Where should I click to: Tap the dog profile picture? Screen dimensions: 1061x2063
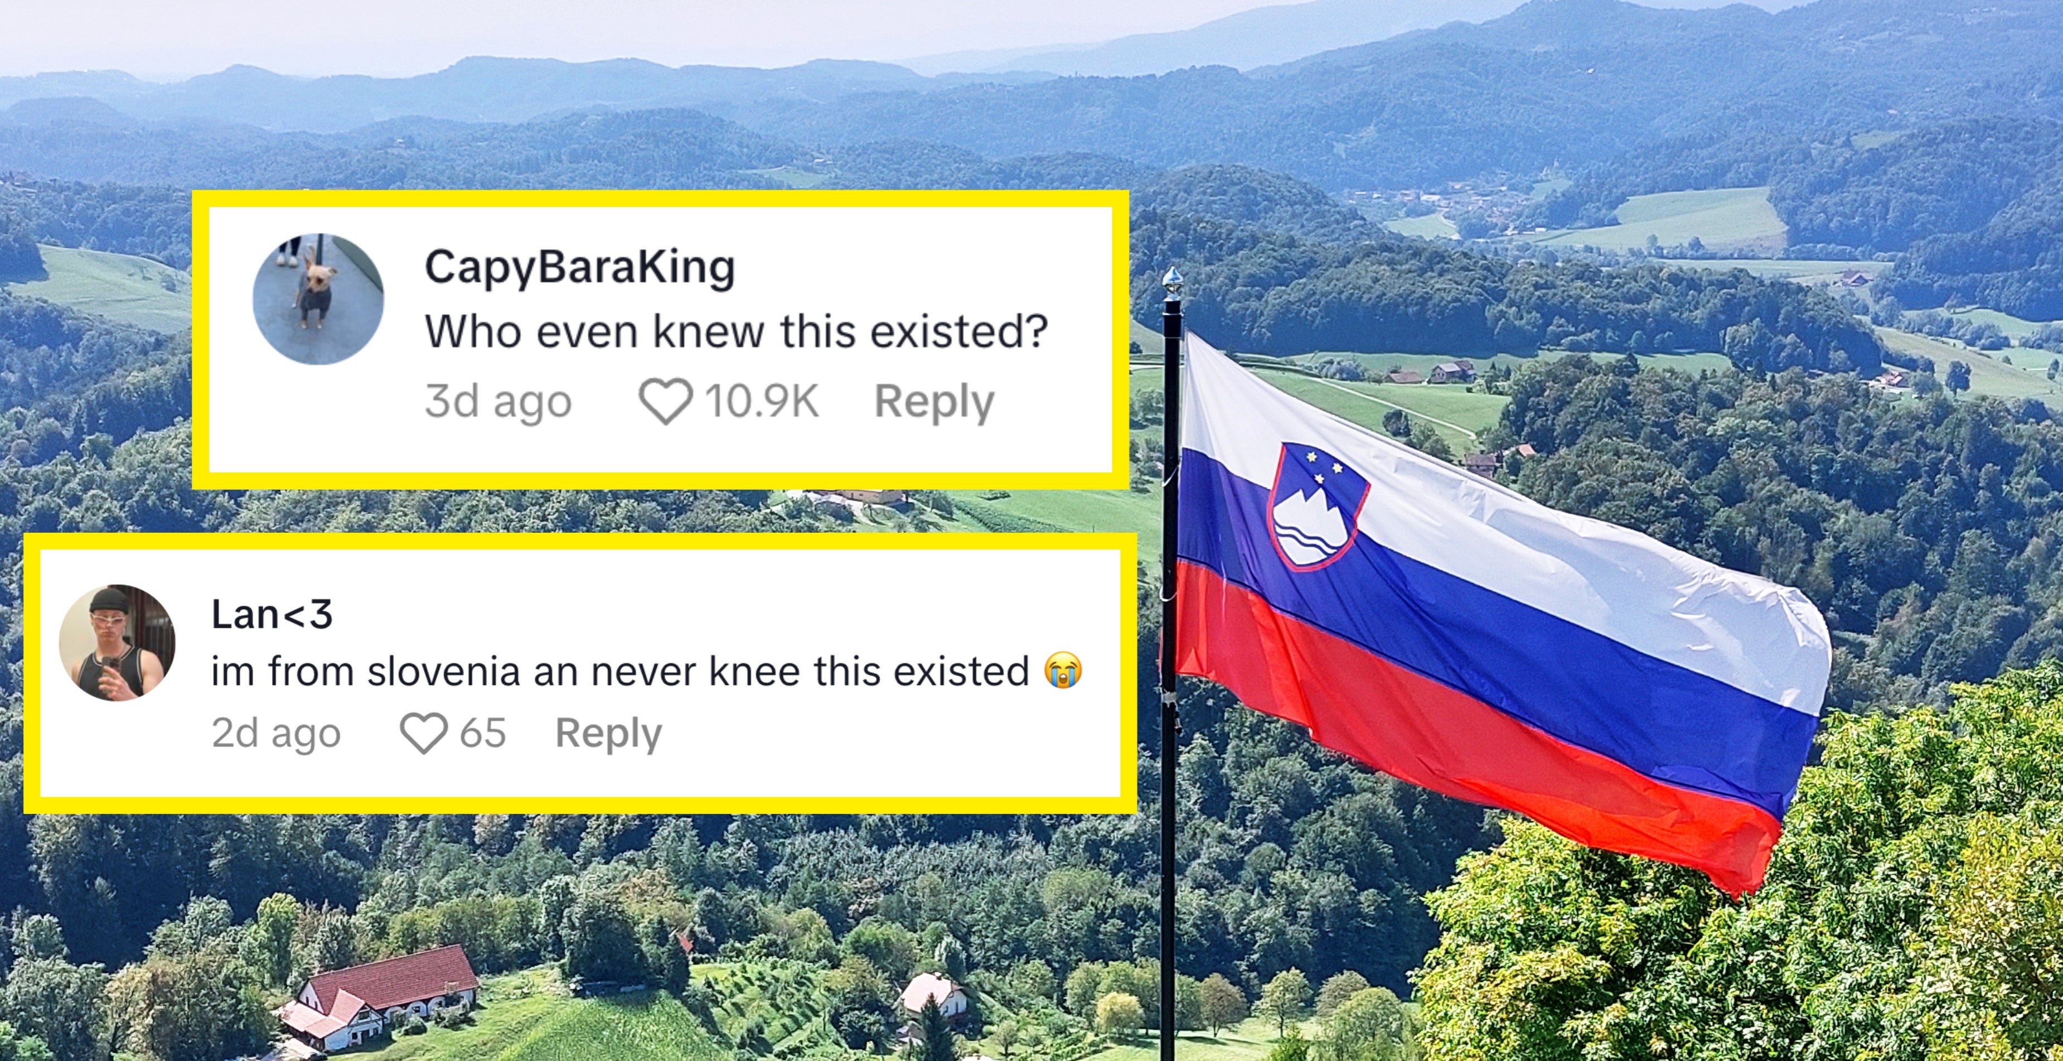(318, 299)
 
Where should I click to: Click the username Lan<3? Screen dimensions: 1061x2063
(272, 615)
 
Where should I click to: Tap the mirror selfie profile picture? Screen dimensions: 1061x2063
(117, 643)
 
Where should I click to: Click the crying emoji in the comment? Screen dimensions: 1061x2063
(1063, 671)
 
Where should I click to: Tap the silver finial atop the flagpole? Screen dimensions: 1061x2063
(1171, 283)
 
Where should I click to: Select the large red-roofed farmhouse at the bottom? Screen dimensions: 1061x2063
(384, 998)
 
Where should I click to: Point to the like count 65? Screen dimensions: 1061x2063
(482, 732)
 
